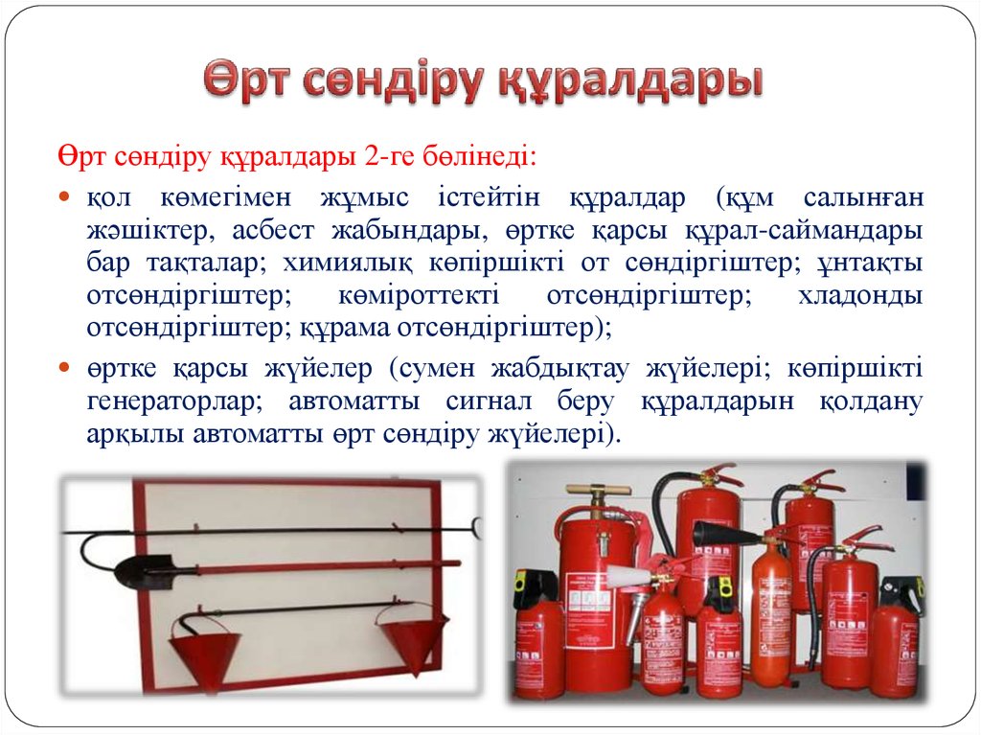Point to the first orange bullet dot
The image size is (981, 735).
(64, 196)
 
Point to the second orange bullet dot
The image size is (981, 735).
(64, 367)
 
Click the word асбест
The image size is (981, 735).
(273, 230)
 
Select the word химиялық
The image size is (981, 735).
(348, 263)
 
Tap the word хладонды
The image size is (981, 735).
(860, 295)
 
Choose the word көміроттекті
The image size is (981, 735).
(419, 295)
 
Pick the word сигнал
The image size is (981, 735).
(489, 402)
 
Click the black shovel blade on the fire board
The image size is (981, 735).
(142, 570)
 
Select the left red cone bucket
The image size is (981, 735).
(205, 652)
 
